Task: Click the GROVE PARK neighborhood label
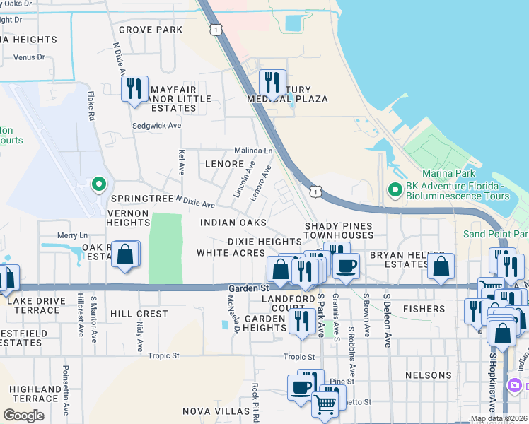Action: coord(151,30)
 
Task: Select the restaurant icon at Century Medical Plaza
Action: coord(272,83)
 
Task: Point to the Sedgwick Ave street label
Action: coord(157,126)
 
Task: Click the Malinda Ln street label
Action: coord(253,151)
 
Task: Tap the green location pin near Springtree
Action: coord(99,185)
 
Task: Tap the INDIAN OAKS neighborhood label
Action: coord(233,223)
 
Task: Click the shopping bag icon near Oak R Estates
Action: coord(125,255)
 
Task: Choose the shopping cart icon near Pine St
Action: coord(325,404)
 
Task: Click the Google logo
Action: coord(24,416)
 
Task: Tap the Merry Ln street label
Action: coord(72,235)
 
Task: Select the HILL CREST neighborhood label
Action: coord(139,313)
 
